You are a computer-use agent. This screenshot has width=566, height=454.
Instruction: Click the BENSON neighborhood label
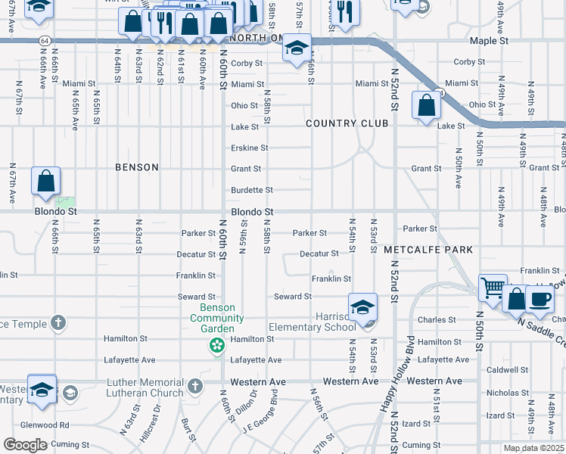click(137, 167)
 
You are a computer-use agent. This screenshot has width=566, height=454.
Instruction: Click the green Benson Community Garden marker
click(217, 346)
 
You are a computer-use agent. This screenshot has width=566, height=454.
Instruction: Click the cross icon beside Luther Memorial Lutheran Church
click(194, 387)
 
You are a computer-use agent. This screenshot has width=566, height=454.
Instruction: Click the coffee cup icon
click(540, 298)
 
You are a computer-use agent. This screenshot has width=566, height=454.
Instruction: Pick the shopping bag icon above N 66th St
click(46, 182)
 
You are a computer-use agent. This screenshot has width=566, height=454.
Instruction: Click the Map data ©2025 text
click(533, 448)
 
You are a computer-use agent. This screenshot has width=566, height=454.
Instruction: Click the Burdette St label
click(252, 189)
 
